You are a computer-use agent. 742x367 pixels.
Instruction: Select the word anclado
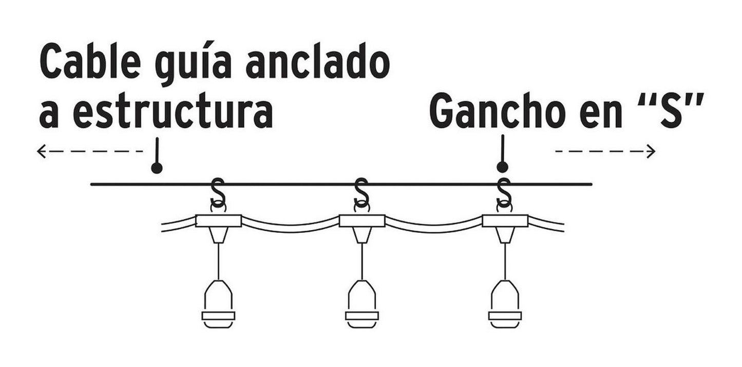pos(318,60)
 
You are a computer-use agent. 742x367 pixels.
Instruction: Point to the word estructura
pos(173,111)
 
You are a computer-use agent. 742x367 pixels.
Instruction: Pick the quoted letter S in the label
pos(672,111)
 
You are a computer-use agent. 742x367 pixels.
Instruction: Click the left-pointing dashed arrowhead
pos(41,151)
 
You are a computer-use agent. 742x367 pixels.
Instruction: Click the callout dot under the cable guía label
pos(157,168)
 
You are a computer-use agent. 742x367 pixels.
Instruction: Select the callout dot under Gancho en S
pos(503,167)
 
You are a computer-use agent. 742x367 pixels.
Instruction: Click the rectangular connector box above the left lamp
pos(218,221)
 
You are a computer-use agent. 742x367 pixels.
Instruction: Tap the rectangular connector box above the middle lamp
pos(362,221)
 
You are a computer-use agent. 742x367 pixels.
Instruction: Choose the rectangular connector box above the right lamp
pos(505,221)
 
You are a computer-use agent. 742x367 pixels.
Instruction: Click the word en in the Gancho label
pos(601,115)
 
